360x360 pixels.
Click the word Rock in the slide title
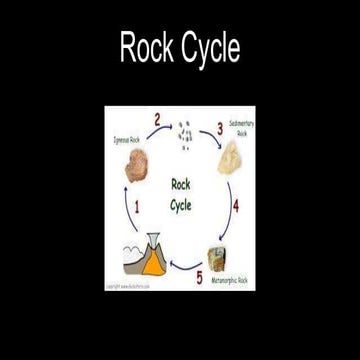143,47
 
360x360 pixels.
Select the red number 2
156,119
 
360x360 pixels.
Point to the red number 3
219,129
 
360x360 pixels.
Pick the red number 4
235,207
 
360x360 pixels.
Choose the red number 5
198,275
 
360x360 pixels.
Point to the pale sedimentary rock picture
233,157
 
